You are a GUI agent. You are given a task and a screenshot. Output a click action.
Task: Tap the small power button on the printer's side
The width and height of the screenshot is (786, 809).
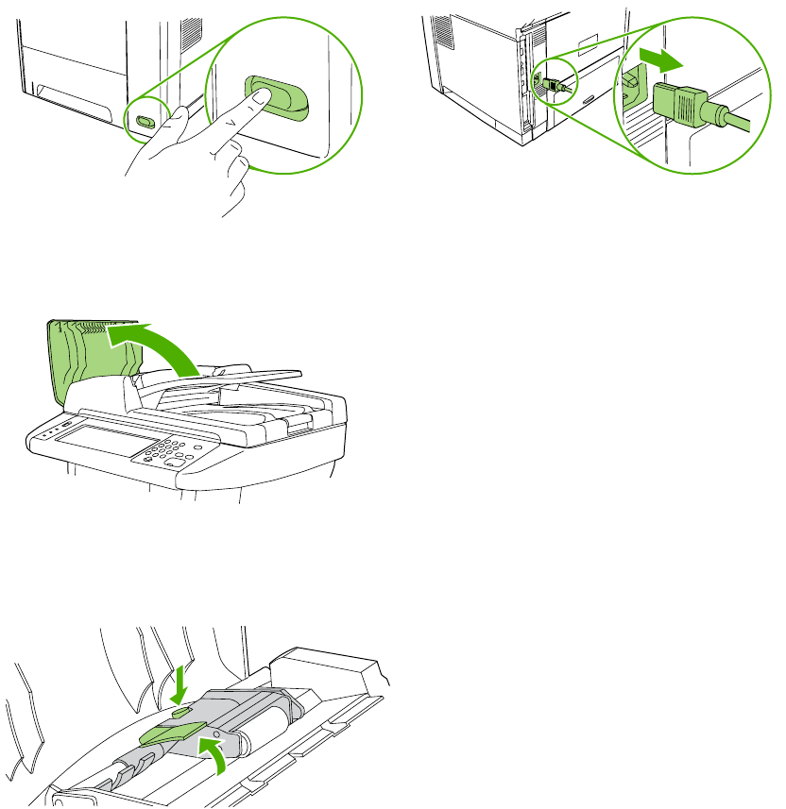pos(144,122)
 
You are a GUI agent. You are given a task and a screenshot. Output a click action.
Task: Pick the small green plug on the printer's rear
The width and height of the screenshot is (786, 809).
pos(550,82)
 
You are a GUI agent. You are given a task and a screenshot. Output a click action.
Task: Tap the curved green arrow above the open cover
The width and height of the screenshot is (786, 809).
pos(157,345)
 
